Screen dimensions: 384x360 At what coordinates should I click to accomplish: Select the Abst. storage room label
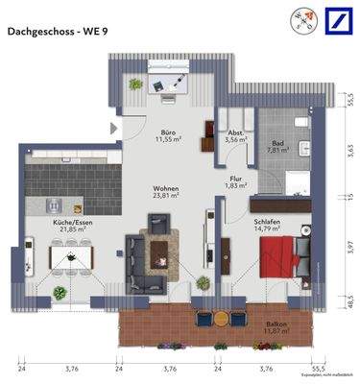tap(235, 132)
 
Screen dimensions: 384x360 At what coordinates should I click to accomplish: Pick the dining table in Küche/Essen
tap(72, 257)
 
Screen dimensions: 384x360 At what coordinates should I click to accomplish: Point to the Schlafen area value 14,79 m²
tap(269, 228)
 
